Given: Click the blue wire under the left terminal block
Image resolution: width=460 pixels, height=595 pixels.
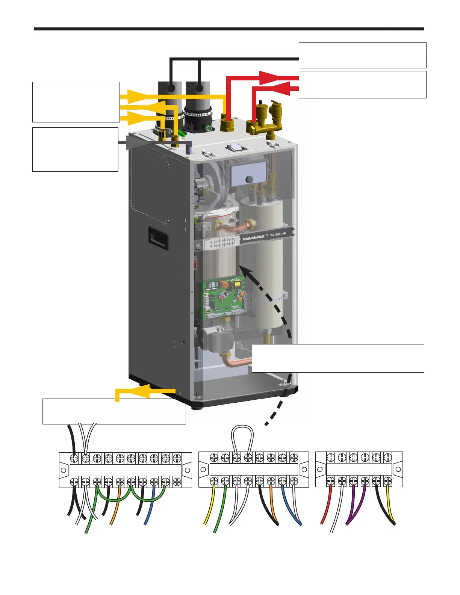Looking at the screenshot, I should [x=150, y=507].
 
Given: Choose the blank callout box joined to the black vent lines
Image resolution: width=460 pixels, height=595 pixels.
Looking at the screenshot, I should [x=362, y=55].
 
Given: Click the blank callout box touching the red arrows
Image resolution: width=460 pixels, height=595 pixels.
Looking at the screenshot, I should [x=362, y=85].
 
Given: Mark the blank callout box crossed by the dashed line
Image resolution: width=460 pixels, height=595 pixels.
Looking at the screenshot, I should [x=337, y=358].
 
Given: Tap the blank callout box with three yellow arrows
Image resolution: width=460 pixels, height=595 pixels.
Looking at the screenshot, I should [x=76, y=102].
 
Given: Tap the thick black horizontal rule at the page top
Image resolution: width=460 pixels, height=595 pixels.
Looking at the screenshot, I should [x=229, y=29].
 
